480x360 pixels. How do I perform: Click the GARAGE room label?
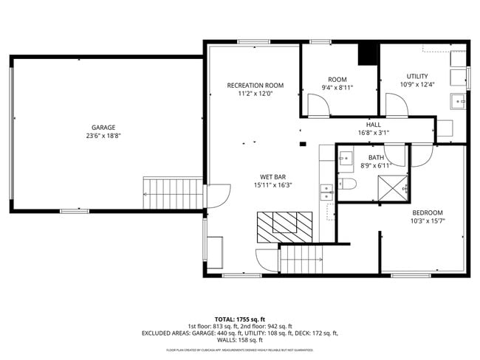pyautogui.click(x=103, y=128)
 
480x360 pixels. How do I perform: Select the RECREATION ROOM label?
pyautogui.click(x=255, y=86)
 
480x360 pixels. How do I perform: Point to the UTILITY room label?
pyautogui.click(x=417, y=76)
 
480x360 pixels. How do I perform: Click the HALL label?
pyautogui.click(x=373, y=125)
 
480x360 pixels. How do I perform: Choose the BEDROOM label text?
pyautogui.click(x=428, y=212)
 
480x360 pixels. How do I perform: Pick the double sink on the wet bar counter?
pyautogui.click(x=326, y=193)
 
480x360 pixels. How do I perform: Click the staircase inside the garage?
pyautogui.click(x=172, y=193)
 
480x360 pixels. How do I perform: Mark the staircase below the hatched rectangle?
pyautogui.click(x=302, y=259)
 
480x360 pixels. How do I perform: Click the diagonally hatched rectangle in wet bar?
pyautogui.click(x=285, y=226)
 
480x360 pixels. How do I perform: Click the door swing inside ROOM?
pyautogui.click(x=318, y=107)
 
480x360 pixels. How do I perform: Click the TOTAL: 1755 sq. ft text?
pyautogui.click(x=239, y=319)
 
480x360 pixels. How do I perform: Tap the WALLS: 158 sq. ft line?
pyautogui.click(x=239, y=340)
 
